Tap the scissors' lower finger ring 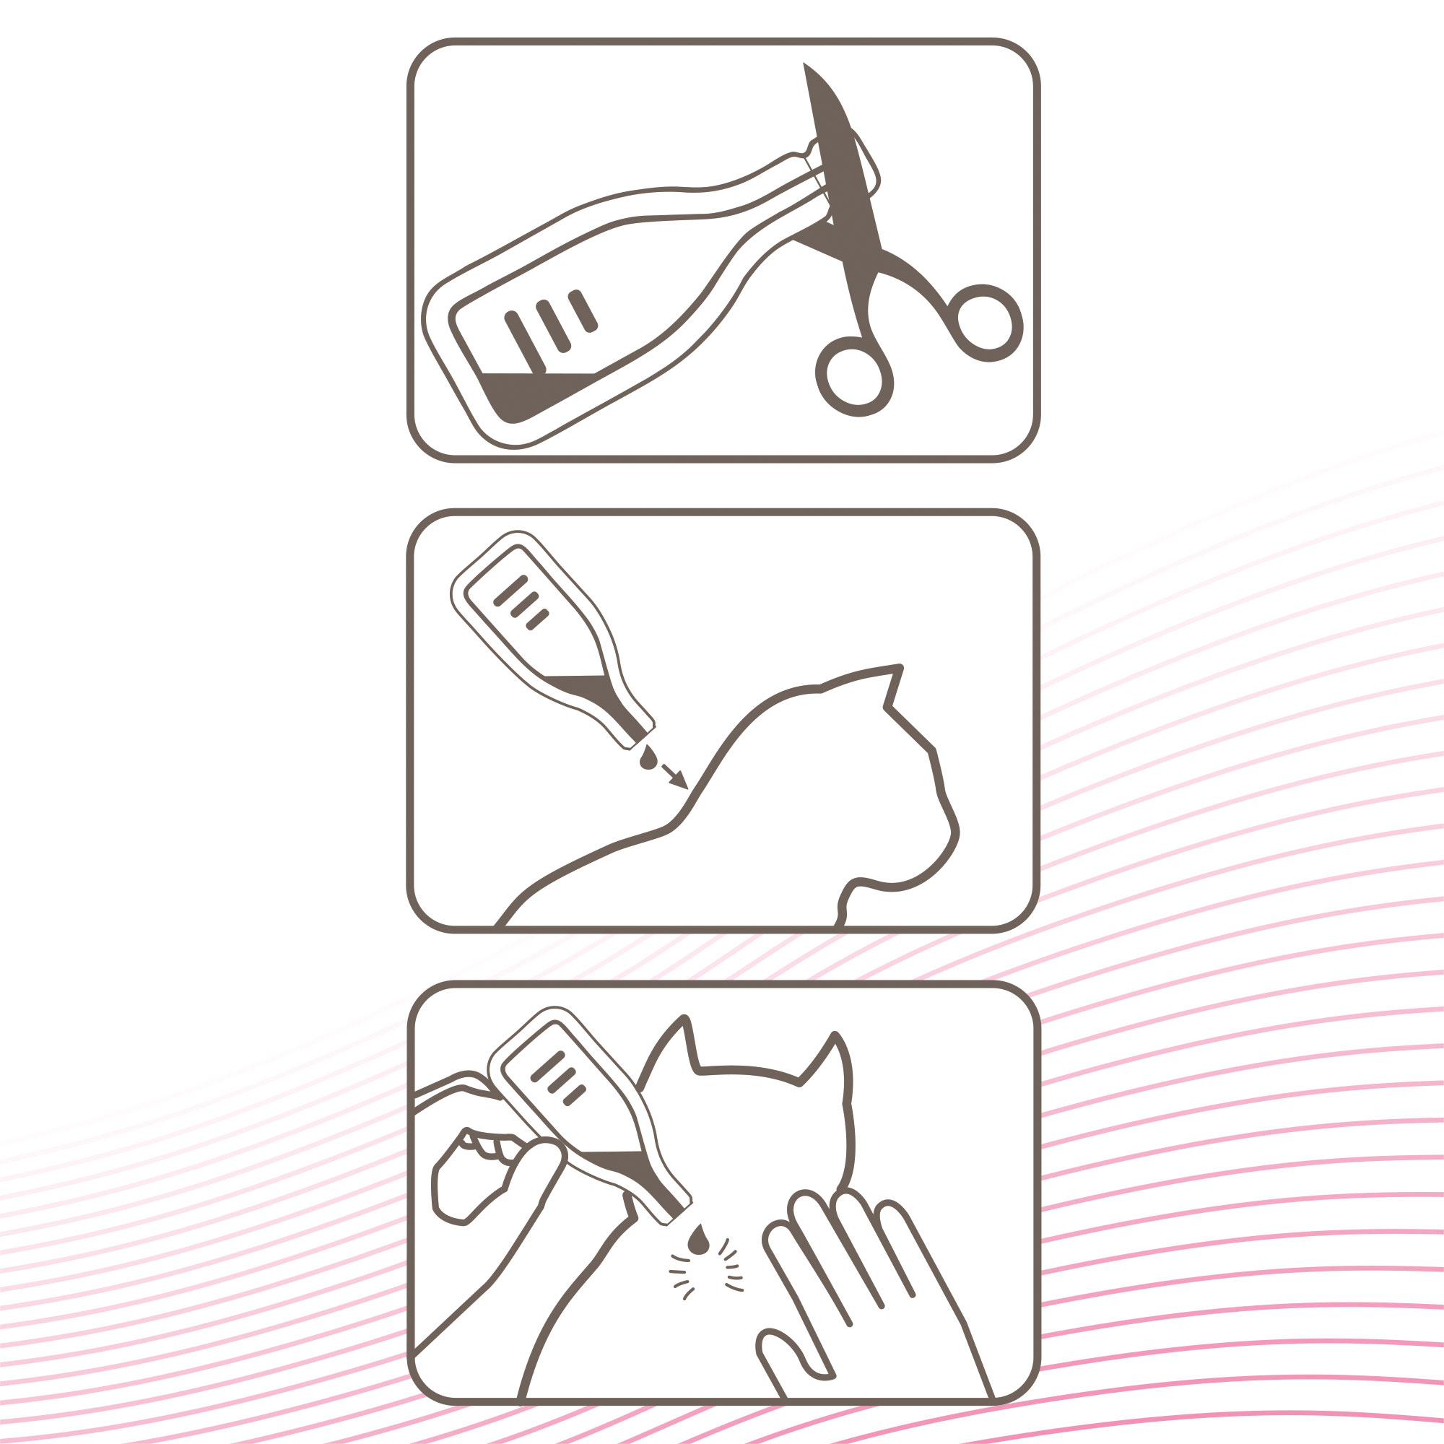tap(854, 377)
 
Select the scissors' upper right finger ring tap(985, 322)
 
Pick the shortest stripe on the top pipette tap(583, 311)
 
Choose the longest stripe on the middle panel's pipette tap(511, 591)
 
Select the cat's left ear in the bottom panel tap(673, 1046)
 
